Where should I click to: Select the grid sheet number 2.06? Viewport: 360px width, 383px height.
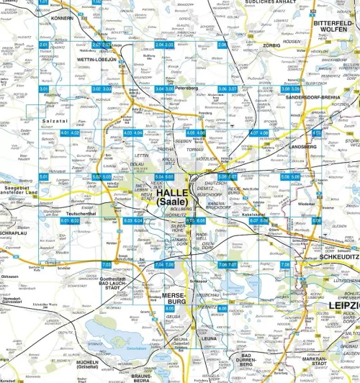click(x=222, y=45)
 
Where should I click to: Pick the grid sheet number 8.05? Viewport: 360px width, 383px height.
click(x=170, y=307)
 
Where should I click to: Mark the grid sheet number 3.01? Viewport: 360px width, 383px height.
click(x=45, y=89)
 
